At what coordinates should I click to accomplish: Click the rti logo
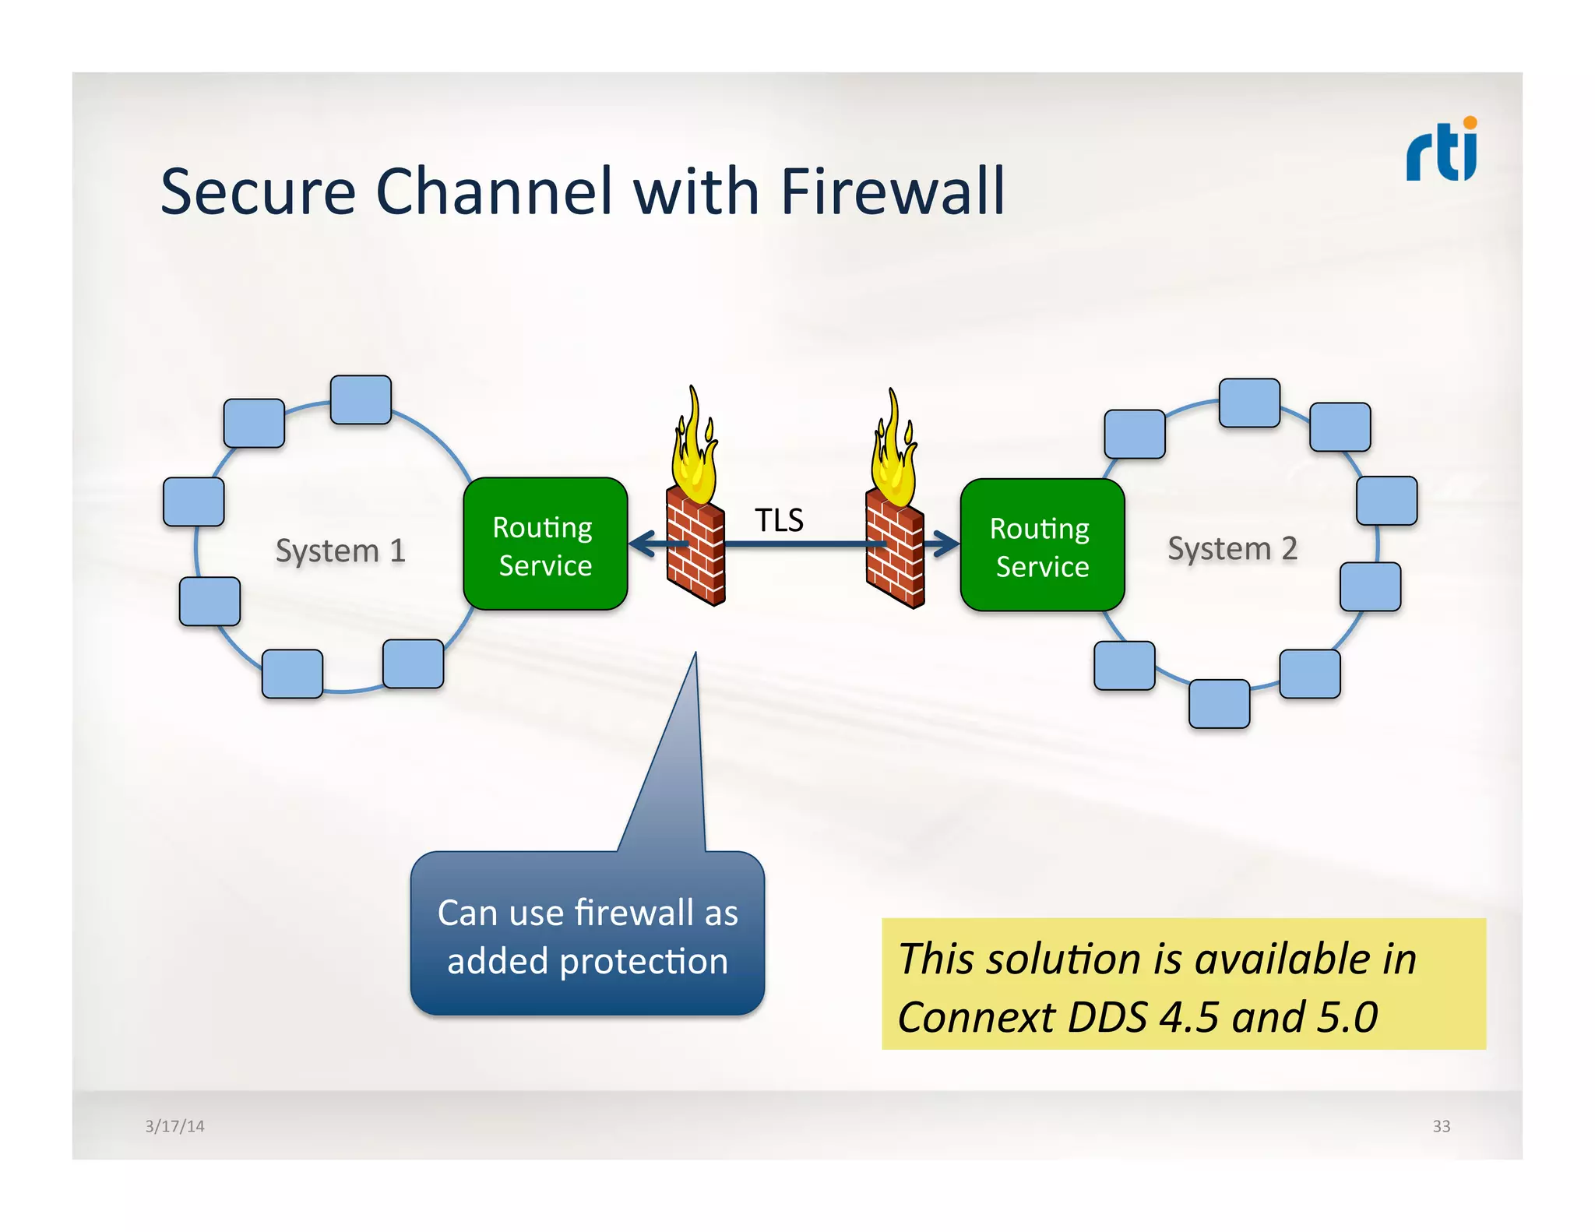pyautogui.click(x=1442, y=150)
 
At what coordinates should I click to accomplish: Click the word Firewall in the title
pyautogui.click(x=893, y=192)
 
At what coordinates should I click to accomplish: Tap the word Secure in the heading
pyautogui.click(x=258, y=192)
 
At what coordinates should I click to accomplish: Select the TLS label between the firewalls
pyautogui.click(x=779, y=520)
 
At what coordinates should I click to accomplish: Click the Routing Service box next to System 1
pyautogui.click(x=545, y=544)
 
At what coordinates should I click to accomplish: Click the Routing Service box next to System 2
pyautogui.click(x=1041, y=546)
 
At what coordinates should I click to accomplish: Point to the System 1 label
pyautogui.click(x=340, y=551)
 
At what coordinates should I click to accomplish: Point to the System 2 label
pyautogui.click(x=1232, y=548)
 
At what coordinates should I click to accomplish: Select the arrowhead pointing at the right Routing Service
pyautogui.click(x=946, y=544)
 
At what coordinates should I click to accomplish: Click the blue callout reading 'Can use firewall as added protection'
pyautogui.click(x=588, y=935)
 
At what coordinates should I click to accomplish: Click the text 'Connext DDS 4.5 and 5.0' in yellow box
pyautogui.click(x=1137, y=1017)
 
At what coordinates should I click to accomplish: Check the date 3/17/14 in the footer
pyautogui.click(x=174, y=1126)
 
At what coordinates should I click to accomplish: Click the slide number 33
pyautogui.click(x=1441, y=1126)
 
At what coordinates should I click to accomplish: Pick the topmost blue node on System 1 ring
pyautogui.click(x=361, y=400)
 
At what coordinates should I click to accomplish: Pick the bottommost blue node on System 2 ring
pyautogui.click(x=1219, y=704)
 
